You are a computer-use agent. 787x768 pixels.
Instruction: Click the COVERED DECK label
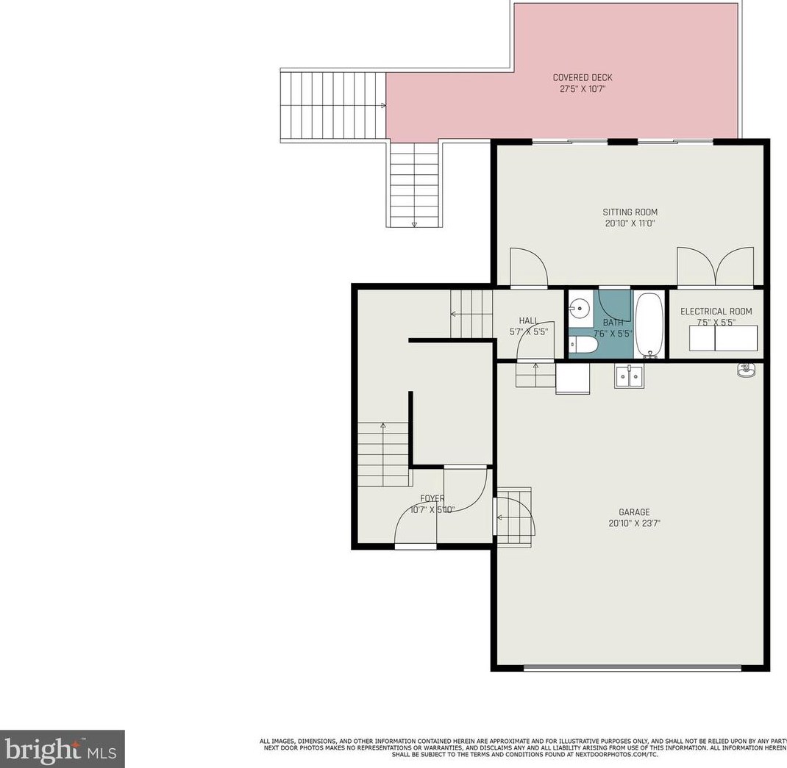point(582,78)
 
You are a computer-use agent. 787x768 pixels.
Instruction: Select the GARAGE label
point(633,512)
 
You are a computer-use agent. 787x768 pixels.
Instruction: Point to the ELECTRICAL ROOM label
point(716,312)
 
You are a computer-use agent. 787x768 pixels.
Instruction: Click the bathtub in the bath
point(649,324)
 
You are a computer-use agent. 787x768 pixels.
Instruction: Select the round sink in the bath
point(580,309)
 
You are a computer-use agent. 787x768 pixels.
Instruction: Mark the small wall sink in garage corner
point(745,369)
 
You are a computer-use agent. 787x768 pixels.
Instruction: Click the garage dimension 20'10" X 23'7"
point(633,524)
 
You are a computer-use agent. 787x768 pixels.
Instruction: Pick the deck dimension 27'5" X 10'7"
point(582,90)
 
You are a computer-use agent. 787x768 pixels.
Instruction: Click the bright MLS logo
point(62,749)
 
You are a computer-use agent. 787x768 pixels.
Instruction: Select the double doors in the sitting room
point(715,268)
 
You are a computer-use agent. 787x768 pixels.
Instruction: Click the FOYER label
point(432,498)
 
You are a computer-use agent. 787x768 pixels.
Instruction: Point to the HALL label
point(528,320)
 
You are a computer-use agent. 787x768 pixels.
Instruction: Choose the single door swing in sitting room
point(528,268)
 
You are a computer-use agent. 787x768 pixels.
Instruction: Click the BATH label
point(613,322)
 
